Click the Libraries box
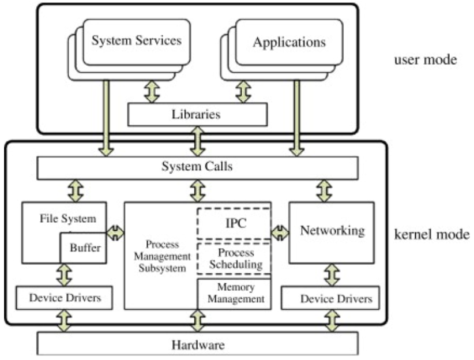pos(197,114)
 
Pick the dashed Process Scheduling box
pos(234,259)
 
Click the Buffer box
pos(84,248)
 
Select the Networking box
pos(332,231)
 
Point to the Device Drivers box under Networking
pos(332,299)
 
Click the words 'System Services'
pos(137,40)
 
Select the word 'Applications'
pos(289,42)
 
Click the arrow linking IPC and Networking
pos(280,232)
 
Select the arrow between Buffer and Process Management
pos(115,232)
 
